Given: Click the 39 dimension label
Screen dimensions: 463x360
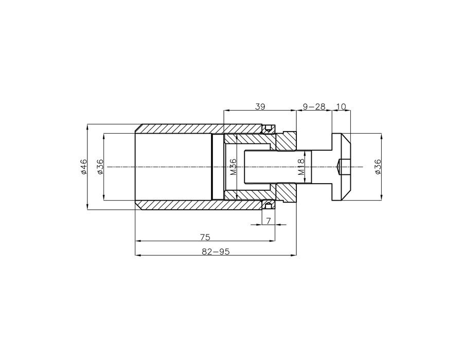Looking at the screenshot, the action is [x=260, y=106].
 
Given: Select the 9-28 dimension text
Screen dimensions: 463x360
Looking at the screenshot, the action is [x=314, y=106].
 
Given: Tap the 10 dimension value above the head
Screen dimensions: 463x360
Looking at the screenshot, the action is [x=341, y=106].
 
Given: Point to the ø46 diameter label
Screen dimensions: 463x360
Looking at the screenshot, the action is [x=84, y=167].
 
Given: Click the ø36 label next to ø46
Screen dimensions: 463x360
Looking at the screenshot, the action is [x=100, y=167].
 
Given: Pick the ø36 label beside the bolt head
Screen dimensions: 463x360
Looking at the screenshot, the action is [x=378, y=167].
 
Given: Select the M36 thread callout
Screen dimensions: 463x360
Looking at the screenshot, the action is [x=233, y=167].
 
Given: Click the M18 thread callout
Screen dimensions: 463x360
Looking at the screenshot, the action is [x=300, y=167].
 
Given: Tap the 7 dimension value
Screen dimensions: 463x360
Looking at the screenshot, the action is [x=269, y=221].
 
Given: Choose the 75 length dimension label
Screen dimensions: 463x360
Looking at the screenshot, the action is [x=205, y=237].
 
